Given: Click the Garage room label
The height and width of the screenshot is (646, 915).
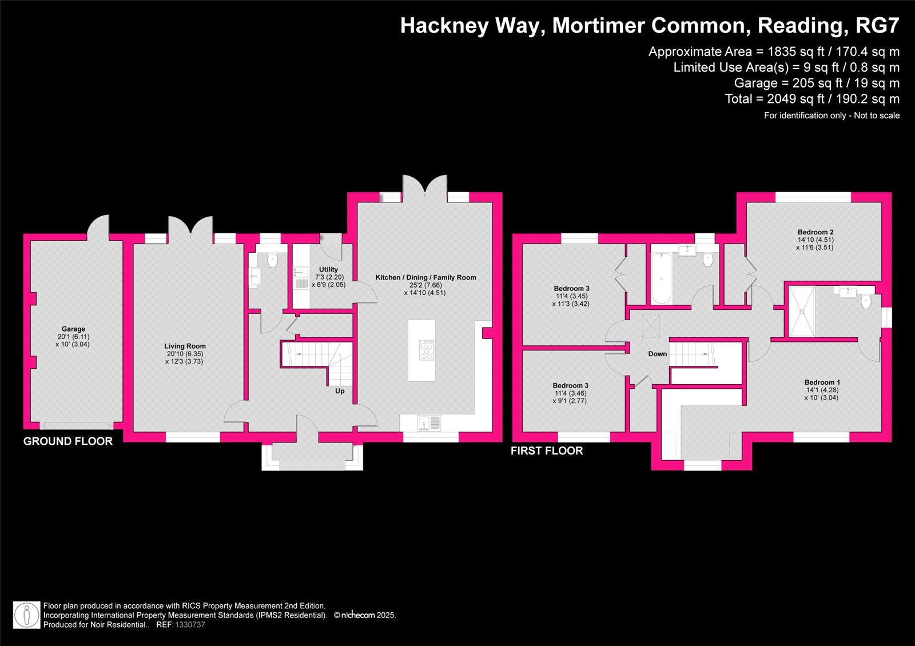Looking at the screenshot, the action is tap(73, 329).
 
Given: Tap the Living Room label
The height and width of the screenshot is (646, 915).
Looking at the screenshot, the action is tap(185, 346).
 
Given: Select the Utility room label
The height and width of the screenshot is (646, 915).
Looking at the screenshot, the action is tap(328, 269).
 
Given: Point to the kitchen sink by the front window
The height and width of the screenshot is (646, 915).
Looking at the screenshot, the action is tap(428, 423).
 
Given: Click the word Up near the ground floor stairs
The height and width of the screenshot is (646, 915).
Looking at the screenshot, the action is tap(340, 392).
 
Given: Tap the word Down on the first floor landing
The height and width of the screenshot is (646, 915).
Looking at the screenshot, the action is tap(657, 354).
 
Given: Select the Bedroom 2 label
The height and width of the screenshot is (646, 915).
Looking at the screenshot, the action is tap(815, 232).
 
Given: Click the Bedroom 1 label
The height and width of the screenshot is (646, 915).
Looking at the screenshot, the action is tap(822, 382).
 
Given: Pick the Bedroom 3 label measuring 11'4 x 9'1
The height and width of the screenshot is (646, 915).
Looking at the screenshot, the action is tap(570, 386).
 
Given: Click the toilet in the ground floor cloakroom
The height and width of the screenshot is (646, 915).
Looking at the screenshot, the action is tap(272, 261).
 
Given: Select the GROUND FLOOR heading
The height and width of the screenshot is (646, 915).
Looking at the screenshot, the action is tap(67, 441).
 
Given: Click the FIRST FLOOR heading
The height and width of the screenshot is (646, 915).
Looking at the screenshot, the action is tap(547, 451).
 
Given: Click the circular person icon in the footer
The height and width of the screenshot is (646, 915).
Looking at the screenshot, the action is tap(27, 615).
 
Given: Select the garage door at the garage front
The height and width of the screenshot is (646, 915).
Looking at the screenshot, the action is tap(77, 425).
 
